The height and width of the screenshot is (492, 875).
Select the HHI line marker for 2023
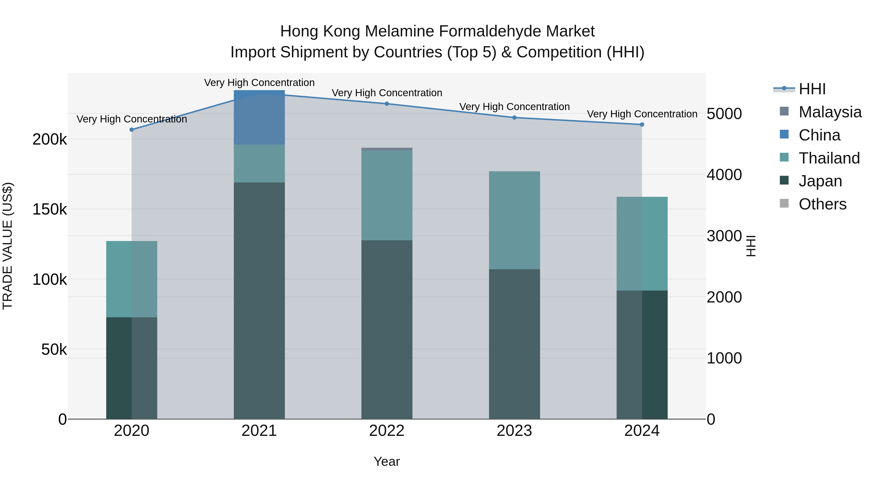click(514, 118)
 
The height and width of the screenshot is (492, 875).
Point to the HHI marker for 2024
click(642, 125)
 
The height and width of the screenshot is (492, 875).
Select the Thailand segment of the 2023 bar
click(514, 220)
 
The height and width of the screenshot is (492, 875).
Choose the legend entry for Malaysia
click(830, 112)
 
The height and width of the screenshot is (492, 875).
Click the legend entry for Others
click(822, 204)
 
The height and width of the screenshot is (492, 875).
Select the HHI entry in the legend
click(812, 89)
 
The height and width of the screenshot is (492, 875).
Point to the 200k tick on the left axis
click(50, 139)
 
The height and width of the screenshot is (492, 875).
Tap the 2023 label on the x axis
click(514, 431)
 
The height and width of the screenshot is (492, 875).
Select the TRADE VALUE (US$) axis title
click(8, 246)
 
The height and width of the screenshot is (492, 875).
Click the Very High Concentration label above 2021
click(259, 83)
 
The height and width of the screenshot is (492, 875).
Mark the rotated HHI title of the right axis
click(751, 246)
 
